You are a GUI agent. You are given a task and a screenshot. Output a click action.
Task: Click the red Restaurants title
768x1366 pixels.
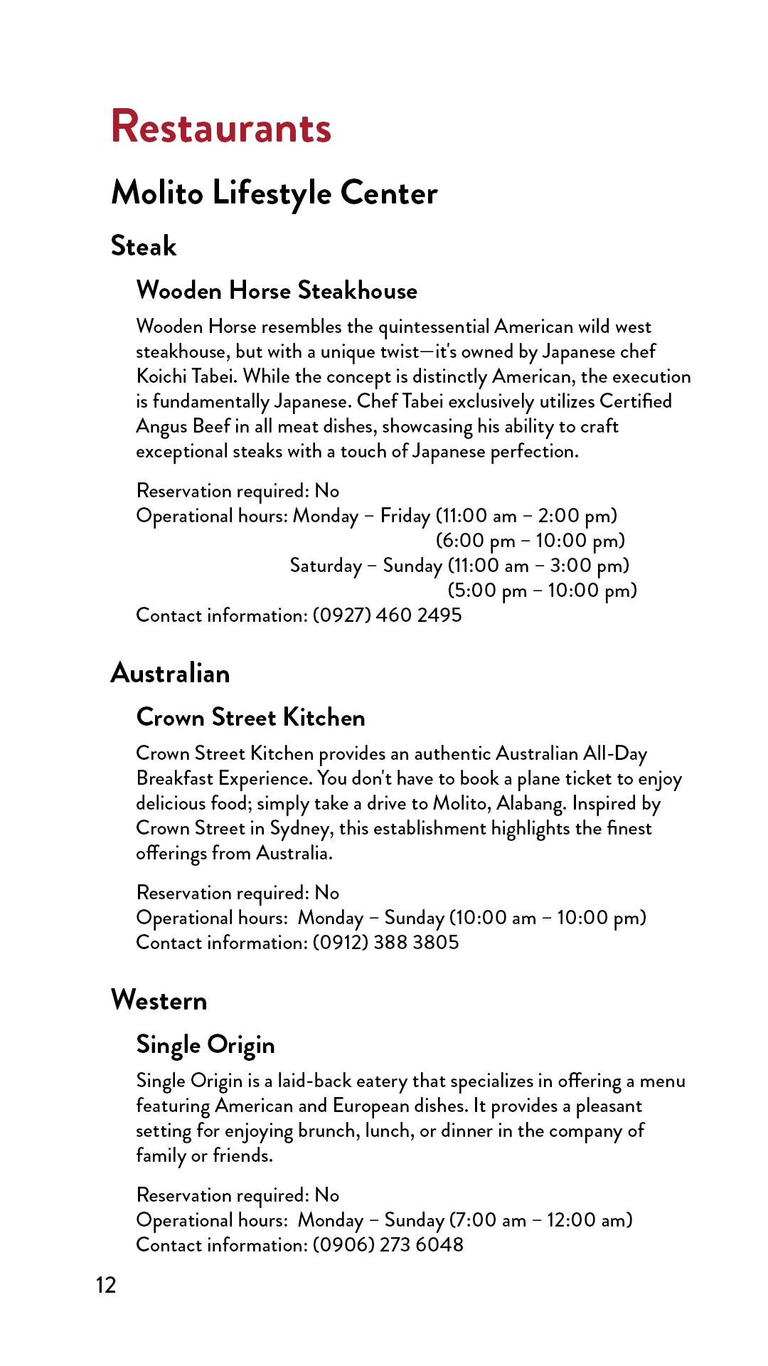[221, 127]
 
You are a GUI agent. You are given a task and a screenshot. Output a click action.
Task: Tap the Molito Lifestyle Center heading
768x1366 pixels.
[274, 193]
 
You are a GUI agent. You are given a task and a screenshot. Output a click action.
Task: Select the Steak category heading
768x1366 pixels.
[144, 246]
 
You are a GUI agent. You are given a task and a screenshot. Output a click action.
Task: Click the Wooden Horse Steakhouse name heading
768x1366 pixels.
[277, 290]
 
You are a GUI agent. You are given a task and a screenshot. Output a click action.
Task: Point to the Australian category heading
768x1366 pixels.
[171, 673]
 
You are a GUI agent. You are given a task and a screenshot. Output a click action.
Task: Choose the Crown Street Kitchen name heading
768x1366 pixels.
[250, 717]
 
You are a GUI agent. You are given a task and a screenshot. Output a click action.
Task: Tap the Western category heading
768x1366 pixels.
[159, 1000]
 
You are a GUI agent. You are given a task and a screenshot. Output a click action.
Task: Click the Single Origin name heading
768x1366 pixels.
[206, 1044]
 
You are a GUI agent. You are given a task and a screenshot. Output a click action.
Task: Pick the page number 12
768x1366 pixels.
[106, 1285]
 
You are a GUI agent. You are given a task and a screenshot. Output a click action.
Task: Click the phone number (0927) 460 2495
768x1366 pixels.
[388, 615]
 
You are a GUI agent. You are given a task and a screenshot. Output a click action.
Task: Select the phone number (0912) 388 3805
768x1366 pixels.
[386, 942]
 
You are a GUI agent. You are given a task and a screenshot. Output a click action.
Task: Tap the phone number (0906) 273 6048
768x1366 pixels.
[388, 1244]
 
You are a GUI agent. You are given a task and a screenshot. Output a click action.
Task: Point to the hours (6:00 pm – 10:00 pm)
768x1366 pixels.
[530, 541]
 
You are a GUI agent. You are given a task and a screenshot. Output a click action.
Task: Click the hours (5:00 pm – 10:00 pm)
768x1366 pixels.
[542, 591]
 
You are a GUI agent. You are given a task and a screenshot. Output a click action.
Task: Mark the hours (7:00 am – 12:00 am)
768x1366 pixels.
[540, 1219]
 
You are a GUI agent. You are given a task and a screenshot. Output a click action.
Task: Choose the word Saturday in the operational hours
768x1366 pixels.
[326, 566]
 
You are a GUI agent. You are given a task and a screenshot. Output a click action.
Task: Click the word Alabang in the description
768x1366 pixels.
[530, 803]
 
